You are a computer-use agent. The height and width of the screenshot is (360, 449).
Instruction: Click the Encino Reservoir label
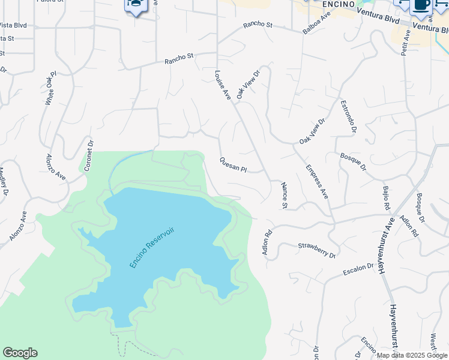pyautogui.click(x=151, y=247)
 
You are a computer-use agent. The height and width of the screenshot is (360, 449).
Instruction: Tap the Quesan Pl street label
pyautogui.click(x=233, y=164)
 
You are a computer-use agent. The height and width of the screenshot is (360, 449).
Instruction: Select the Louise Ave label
pyautogui.click(x=222, y=85)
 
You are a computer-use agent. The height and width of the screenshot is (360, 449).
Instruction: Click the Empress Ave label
pyautogui.click(x=317, y=182)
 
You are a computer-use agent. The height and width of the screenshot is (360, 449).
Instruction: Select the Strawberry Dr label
pyautogui.click(x=316, y=250)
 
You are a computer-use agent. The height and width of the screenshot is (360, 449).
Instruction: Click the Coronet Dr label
pyautogui.click(x=89, y=156)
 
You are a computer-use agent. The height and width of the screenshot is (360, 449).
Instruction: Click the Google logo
pyautogui.click(x=20, y=353)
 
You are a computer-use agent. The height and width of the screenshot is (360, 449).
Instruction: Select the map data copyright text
pyautogui.click(x=412, y=355)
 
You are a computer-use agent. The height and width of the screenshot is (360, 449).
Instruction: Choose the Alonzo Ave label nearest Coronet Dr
pyautogui.click(x=56, y=166)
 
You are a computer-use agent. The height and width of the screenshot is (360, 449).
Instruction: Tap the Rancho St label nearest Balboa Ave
pyautogui.click(x=258, y=26)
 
